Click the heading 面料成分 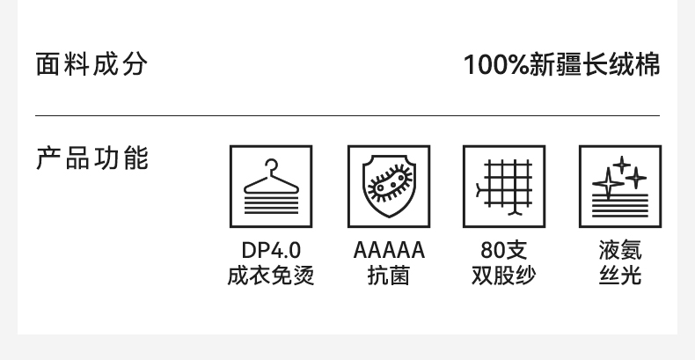[91, 64]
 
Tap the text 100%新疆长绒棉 [561, 65]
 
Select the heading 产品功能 [91, 159]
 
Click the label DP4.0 [271, 251]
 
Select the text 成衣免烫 [271, 276]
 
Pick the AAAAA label [388, 251]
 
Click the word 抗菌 [388, 276]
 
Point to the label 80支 [504, 251]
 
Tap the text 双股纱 [504, 276]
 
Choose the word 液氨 [619, 251]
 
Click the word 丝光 [619, 276]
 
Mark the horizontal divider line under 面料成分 [347, 116]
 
